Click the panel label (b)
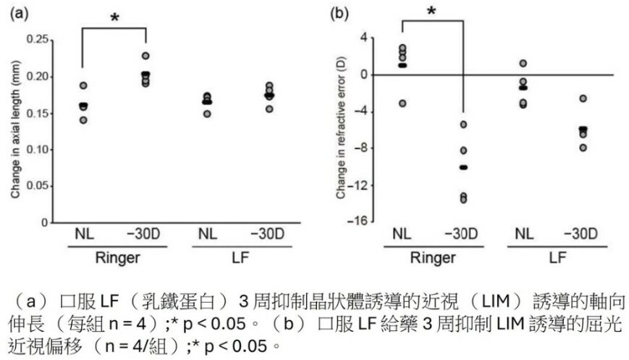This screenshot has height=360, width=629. (338, 12)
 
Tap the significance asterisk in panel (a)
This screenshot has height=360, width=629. (114, 18)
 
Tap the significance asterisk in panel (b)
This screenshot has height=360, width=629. (432, 12)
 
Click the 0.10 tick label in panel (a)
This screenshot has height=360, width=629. (44, 149)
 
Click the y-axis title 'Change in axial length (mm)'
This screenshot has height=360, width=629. (14, 131)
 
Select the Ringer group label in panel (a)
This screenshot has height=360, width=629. (114, 256)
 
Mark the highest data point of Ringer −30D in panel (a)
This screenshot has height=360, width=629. (146, 56)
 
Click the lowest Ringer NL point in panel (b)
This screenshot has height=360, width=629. (402, 104)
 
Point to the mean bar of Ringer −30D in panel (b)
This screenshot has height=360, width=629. (463, 167)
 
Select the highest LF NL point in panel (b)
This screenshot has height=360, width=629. (523, 64)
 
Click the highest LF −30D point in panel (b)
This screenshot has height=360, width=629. (583, 99)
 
